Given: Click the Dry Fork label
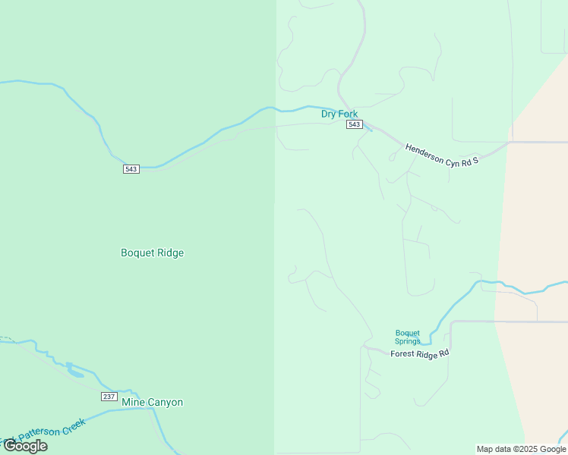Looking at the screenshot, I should [x=339, y=115].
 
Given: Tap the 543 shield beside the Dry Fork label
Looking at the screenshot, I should [x=354, y=124].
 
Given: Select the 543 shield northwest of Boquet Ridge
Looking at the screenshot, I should [x=131, y=168].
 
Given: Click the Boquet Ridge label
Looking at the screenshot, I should [x=152, y=253].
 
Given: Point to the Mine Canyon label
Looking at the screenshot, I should [x=153, y=402].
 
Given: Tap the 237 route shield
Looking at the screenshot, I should [x=109, y=397].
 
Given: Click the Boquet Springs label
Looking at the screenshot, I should [x=407, y=337].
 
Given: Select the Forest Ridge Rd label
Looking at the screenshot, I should [x=420, y=353].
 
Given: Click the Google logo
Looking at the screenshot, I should [x=25, y=446].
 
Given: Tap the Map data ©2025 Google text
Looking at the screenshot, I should [x=522, y=449].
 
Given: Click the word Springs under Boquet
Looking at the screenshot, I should [x=407, y=341].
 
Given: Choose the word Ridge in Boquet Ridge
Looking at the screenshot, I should [x=171, y=253].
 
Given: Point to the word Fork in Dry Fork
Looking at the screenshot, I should [x=348, y=115].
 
